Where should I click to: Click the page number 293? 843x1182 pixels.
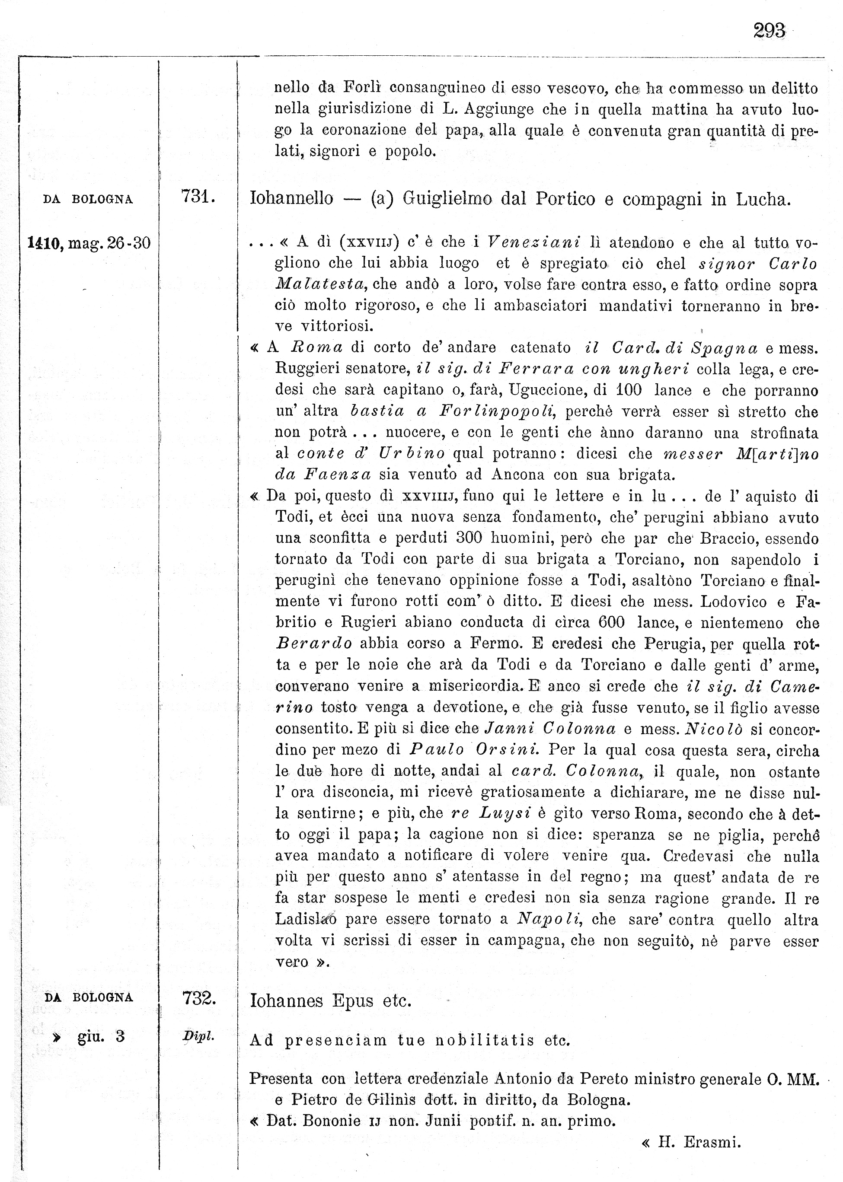(769, 31)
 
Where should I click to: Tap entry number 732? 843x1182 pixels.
(199, 998)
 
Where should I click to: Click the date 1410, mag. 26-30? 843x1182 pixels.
(89, 243)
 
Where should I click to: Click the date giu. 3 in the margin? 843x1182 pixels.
(101, 1036)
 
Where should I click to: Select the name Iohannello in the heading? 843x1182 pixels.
(292, 198)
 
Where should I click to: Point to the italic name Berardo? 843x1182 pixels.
(314, 644)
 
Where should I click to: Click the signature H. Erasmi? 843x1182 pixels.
(699, 1143)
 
